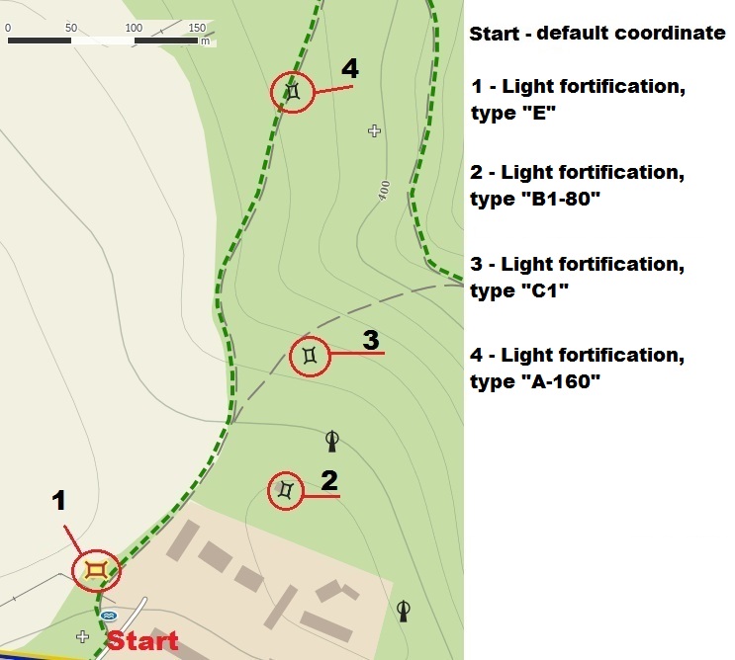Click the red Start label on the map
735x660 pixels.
coord(142,640)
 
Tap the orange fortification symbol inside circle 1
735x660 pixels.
coord(97,571)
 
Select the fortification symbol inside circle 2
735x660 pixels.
coord(286,490)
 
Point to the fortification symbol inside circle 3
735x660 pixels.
coord(310,356)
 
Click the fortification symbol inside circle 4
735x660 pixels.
coord(293,91)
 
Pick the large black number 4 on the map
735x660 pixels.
coord(350,68)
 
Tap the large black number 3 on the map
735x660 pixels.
coord(371,340)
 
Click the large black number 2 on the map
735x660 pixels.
coord(329,481)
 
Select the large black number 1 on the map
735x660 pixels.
coord(58,500)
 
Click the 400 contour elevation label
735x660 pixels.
coord(384,191)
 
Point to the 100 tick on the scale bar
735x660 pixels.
coord(134,28)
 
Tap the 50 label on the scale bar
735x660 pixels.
coord(71,28)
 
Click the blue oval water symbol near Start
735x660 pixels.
coord(109,616)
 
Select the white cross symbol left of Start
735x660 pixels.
coord(82,636)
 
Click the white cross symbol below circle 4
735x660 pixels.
coord(374,130)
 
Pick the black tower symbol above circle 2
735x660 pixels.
coord(331,441)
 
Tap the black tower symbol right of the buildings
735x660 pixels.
coord(404,611)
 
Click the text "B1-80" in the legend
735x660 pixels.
coord(561,199)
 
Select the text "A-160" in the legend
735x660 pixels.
coord(561,381)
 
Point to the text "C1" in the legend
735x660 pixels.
coord(545,290)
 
